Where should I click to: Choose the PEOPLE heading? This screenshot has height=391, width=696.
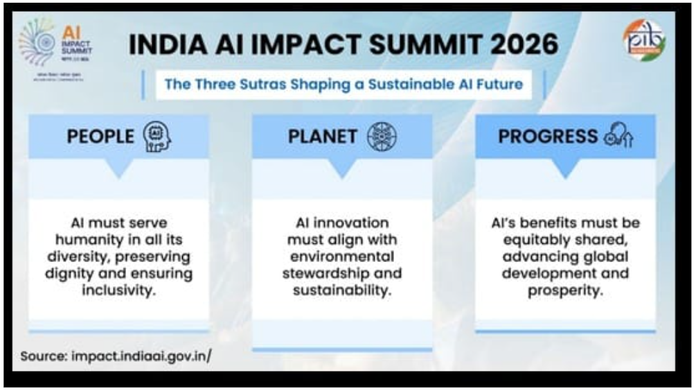(100, 137)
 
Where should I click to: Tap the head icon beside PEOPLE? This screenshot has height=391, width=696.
(157, 137)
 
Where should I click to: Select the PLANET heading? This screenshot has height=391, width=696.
(322, 137)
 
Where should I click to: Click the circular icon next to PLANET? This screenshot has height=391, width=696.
(380, 137)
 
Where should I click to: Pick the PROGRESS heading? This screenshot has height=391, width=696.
(547, 137)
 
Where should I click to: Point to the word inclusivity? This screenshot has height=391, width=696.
(118, 290)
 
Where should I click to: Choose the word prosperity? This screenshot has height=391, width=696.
(564, 290)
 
